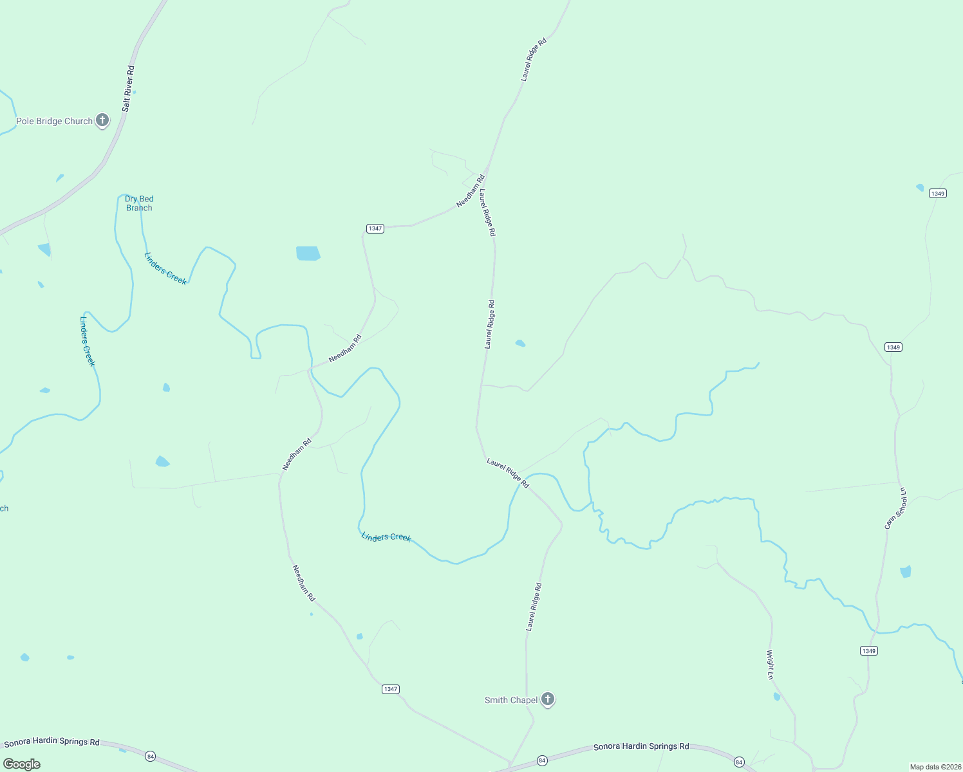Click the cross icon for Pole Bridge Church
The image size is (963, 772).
(x=102, y=120)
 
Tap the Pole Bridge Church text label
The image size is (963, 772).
(x=55, y=121)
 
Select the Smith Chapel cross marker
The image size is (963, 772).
(x=548, y=699)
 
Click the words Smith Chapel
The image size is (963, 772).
(x=511, y=700)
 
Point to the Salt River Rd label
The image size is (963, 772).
(x=129, y=89)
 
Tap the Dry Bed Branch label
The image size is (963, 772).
(x=139, y=203)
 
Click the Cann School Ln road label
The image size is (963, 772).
(x=895, y=508)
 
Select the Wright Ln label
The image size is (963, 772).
(x=770, y=665)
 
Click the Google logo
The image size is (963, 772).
(x=22, y=764)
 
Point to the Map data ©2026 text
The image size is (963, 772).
(x=934, y=767)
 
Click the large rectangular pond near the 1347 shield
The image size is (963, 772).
(x=308, y=253)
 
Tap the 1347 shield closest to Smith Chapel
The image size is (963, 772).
(x=391, y=689)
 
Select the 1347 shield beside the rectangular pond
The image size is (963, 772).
(x=375, y=228)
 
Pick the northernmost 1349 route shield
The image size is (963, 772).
(x=938, y=194)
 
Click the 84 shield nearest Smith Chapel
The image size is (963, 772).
(x=542, y=761)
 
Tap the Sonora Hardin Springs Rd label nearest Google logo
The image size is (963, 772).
(x=52, y=742)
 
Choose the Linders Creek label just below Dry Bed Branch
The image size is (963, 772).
(x=165, y=268)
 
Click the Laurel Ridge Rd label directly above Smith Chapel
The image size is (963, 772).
(x=534, y=607)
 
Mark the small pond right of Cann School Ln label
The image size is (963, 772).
(x=906, y=571)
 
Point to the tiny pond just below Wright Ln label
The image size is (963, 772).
(x=776, y=697)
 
